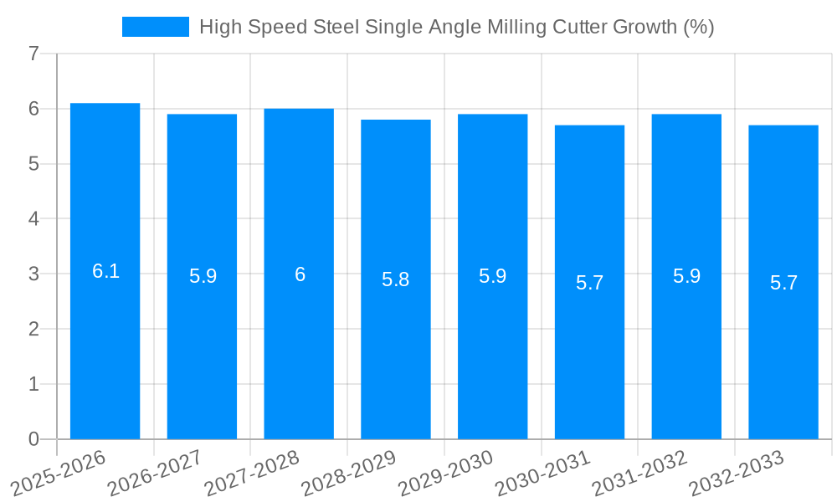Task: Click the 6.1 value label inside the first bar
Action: [105, 271]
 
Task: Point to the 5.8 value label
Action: [395, 279]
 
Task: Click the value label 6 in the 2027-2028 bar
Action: [300, 274]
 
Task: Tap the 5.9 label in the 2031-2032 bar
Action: [686, 276]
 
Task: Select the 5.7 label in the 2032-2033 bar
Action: [783, 283]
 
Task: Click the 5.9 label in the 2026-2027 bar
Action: [203, 276]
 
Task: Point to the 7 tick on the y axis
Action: [33, 54]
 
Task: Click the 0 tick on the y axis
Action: [33, 439]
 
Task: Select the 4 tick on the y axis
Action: [33, 219]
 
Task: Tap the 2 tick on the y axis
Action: [33, 330]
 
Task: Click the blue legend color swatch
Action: [156, 27]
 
